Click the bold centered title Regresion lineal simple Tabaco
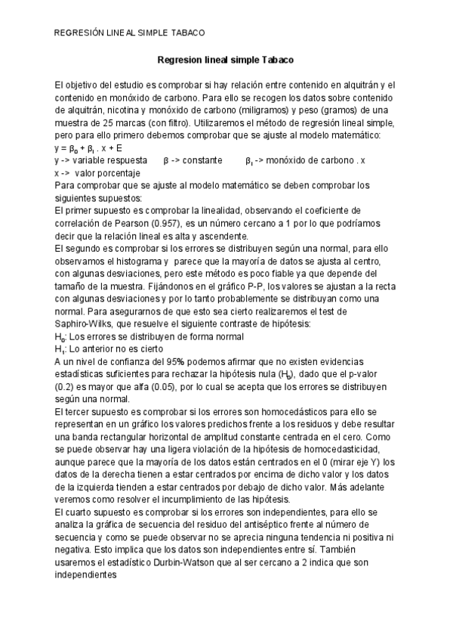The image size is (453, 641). [225, 59]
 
